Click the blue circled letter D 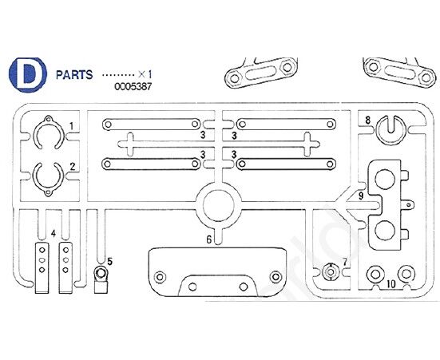click(x=27, y=74)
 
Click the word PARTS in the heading click(x=74, y=75)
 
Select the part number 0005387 click(x=133, y=86)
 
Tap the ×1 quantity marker click(x=145, y=74)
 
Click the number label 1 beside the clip click(x=72, y=126)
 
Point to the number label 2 click(x=73, y=167)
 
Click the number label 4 click(x=54, y=233)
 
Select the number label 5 click(x=109, y=262)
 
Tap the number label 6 click(x=208, y=239)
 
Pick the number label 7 click(x=345, y=262)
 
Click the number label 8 click(x=367, y=121)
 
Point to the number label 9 click(x=361, y=196)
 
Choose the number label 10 click(x=390, y=284)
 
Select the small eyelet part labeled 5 click(x=101, y=279)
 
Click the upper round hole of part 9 click(x=385, y=179)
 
